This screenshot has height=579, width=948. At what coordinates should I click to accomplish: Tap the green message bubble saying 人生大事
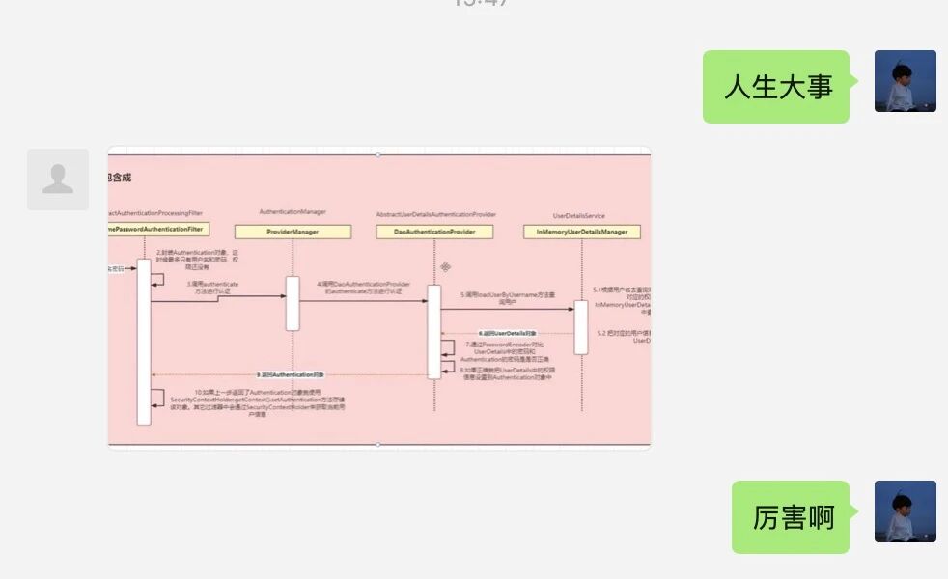pos(776,87)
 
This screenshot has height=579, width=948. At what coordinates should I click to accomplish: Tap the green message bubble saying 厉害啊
pos(791,516)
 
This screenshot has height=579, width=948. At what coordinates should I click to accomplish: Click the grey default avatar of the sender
pos(58,179)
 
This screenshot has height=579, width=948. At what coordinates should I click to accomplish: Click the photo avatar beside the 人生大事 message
pos(905,81)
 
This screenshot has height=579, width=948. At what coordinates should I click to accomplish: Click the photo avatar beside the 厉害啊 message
pos(905,511)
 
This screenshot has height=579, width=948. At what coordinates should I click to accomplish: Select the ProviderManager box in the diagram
pos(293,232)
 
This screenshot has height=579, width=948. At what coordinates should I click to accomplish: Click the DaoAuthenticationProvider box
pos(434,232)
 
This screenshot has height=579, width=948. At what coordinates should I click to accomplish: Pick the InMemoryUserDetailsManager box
pos(581,232)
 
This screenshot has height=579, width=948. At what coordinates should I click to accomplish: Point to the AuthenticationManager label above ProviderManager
pos(293,211)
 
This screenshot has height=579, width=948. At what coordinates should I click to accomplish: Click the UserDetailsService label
pos(579,216)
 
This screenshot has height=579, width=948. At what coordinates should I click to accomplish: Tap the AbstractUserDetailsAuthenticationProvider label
pos(436,214)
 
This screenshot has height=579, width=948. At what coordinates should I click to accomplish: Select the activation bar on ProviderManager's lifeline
pos(293,303)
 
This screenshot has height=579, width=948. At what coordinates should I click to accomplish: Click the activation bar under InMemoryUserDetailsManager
pos(581,327)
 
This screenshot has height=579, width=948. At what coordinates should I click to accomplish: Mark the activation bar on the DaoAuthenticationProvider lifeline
pos(434,331)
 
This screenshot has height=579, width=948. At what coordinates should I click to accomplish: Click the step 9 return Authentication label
pos(291,374)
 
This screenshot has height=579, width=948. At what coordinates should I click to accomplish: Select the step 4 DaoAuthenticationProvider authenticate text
pos(363,288)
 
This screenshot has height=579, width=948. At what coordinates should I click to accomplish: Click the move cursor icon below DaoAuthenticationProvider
pos(446,266)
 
